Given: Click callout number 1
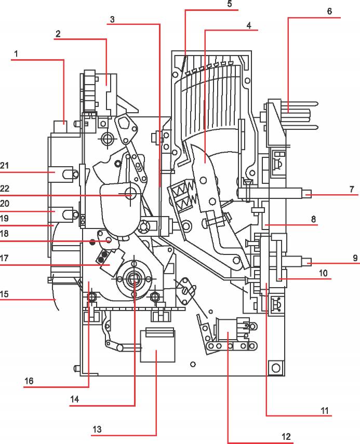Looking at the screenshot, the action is coord(16,53).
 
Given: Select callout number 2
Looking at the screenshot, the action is coord(58,34).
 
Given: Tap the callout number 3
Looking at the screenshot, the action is coord(112,19).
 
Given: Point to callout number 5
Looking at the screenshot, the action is coord(230,4).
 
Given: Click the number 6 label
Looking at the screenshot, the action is coord(329,11).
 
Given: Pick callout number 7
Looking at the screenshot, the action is coord(352,189).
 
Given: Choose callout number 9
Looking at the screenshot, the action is coord(355,258).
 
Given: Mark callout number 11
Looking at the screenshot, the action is coord(325,411).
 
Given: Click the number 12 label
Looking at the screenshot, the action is coord(286,436).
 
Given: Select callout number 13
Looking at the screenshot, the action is coord(97,429).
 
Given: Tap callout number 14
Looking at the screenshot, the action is coord(74,399).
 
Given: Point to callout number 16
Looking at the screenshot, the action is coord(29,381).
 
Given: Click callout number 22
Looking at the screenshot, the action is coord(5,189).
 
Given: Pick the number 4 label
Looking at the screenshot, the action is coord(249,25).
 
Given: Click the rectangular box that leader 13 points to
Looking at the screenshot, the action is coord(157,346).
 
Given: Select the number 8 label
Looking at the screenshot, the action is coord(314,219).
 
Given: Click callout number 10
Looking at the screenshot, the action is coord(323,273).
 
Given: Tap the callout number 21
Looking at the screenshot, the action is coord(4,165).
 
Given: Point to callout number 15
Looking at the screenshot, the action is coord(4,294).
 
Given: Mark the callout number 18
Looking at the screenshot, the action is coord(4,234).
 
